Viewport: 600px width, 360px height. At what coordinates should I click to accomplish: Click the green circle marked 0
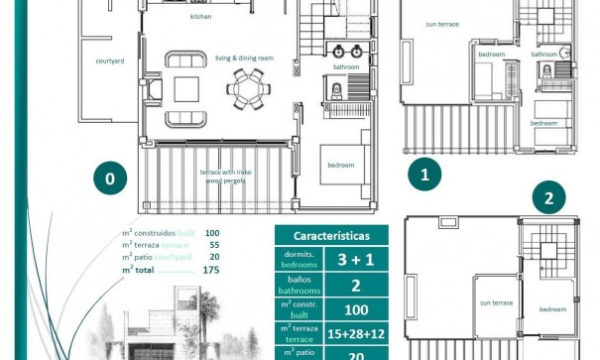[110, 180]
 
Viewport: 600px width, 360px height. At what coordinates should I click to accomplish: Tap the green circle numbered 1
[425, 177]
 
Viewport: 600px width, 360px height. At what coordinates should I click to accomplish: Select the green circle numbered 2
[547, 198]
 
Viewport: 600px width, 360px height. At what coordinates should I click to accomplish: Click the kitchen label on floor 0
[201, 17]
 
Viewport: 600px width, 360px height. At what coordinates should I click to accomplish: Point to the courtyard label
[110, 60]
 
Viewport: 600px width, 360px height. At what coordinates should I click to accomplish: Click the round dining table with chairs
[245, 88]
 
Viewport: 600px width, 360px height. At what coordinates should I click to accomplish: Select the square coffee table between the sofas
[187, 88]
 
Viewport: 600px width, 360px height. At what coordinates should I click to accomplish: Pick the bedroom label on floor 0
[341, 165]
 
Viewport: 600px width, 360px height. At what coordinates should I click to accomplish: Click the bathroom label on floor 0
[346, 67]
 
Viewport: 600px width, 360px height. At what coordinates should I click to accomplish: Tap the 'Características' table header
[332, 236]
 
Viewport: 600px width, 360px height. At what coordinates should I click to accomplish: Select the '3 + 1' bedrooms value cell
[356, 261]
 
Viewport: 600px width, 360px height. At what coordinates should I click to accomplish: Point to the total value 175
[210, 269]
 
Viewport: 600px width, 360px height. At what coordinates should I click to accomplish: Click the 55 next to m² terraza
[212, 244]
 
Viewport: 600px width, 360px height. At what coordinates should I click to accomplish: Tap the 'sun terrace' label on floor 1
[442, 24]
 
